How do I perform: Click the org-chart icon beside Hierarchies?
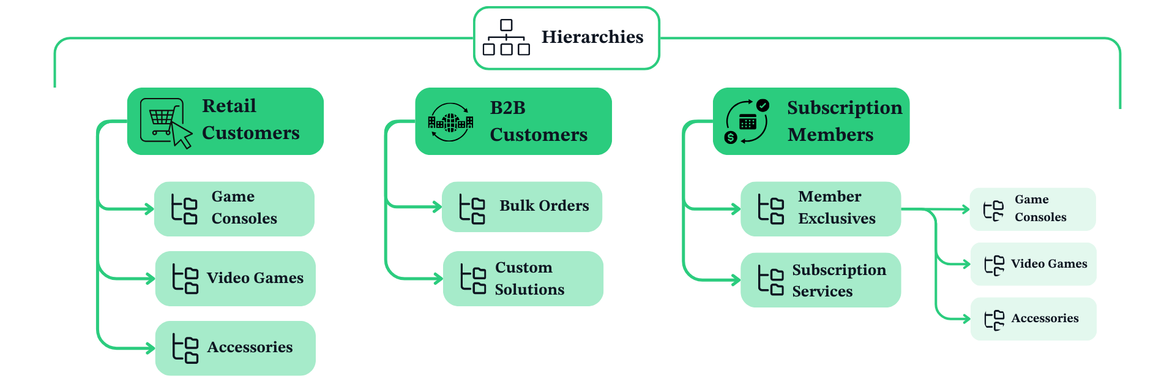pos(506,37)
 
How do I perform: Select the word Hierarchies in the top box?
pos(592,37)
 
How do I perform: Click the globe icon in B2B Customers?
pos(450,122)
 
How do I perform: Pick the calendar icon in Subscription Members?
pos(747,122)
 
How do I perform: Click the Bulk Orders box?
pos(522,206)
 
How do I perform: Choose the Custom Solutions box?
pos(523,279)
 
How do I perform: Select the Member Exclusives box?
pos(821,208)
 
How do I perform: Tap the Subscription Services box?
pos(821,280)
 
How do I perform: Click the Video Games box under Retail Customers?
pos(235,279)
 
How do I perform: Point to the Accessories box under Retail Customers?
pos(235,348)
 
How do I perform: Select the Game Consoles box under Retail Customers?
pos(234,209)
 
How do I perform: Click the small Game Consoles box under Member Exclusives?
pos(1032,209)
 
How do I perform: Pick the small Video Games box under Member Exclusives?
pos(1033,264)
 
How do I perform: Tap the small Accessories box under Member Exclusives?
pos(1033,319)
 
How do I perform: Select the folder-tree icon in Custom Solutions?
pos(473,279)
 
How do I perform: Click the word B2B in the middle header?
pos(507,108)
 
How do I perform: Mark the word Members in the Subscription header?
pos(830,135)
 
